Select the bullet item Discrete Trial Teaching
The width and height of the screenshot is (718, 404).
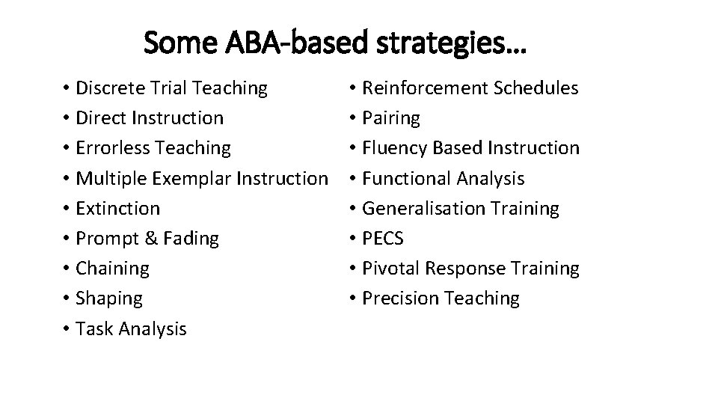click(171, 88)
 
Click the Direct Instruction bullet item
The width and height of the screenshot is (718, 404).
click(150, 118)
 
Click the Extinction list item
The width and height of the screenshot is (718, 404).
click(117, 208)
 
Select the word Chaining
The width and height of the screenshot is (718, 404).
click(113, 268)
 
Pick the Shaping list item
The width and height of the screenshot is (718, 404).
click(109, 299)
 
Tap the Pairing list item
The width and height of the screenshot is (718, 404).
click(390, 118)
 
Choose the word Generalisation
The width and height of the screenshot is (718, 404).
click(423, 208)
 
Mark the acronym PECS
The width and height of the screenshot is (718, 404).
click(382, 239)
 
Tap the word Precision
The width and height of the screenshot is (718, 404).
click(400, 298)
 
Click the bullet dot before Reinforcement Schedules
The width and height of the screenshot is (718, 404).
click(352, 88)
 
